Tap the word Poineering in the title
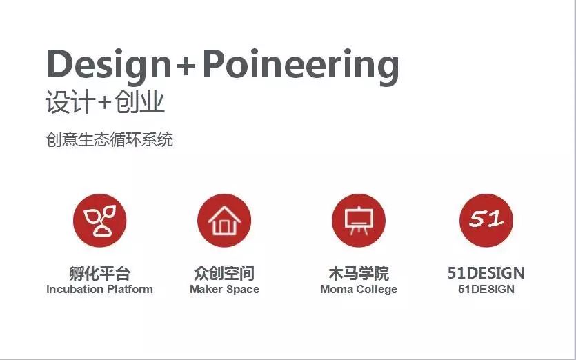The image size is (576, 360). (x=301, y=66)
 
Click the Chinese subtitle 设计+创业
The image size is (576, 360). (x=105, y=102)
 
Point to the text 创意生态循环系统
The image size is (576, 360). (x=110, y=139)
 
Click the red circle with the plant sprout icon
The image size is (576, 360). (x=99, y=221)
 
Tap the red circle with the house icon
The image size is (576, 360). (x=224, y=221)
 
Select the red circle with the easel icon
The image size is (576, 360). (x=359, y=221)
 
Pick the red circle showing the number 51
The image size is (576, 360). (x=486, y=221)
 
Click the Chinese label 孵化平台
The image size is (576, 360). (x=99, y=273)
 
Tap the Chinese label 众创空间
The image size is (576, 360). (x=224, y=273)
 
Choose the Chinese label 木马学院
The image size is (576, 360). (x=359, y=273)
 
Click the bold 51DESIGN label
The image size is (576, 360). (x=486, y=273)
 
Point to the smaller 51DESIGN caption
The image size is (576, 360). (x=486, y=289)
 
